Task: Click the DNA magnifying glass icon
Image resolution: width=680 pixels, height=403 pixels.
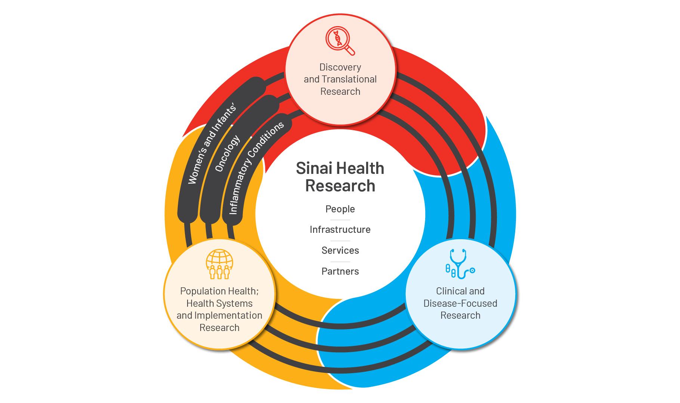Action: pyautogui.click(x=340, y=41)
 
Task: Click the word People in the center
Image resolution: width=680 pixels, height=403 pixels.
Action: pyautogui.click(x=340, y=209)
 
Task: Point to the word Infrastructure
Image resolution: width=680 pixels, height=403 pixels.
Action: pyautogui.click(x=340, y=229)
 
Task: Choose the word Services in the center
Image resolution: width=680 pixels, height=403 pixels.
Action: pyautogui.click(x=340, y=250)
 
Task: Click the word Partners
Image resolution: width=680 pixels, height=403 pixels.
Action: pyautogui.click(x=340, y=271)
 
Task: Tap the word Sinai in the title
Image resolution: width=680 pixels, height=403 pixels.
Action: pyautogui.click(x=314, y=169)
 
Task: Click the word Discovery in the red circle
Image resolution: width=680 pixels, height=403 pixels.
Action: pyautogui.click(x=340, y=68)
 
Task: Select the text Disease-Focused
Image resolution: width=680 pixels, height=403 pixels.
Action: pyautogui.click(x=460, y=303)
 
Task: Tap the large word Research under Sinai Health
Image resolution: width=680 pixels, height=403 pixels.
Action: pyautogui.click(x=340, y=186)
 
